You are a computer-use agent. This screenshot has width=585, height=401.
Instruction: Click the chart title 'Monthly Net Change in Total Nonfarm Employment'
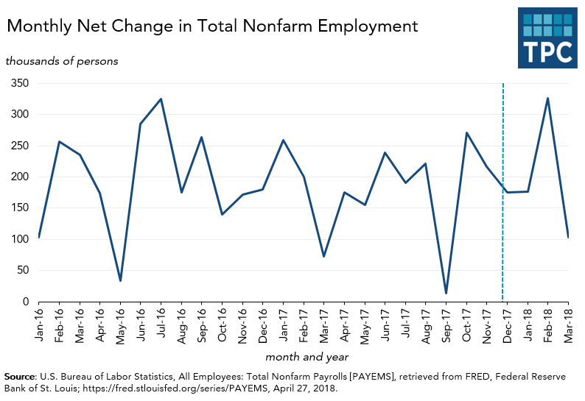coord(212,26)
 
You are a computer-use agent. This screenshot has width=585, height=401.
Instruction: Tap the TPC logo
coord(547,38)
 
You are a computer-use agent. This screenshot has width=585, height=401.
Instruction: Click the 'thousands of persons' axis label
coord(62,61)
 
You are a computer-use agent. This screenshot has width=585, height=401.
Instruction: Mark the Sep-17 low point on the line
coord(446,294)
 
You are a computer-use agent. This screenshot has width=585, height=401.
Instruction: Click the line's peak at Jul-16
coord(161,99)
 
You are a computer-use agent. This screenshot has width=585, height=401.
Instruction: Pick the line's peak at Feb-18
coord(547,98)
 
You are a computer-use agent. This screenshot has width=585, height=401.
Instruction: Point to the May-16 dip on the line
coord(120,280)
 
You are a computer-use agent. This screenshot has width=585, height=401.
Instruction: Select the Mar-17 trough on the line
coord(323,256)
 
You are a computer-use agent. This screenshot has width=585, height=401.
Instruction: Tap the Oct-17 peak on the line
coord(466,133)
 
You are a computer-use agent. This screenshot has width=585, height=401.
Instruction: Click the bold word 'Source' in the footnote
coord(20,376)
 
